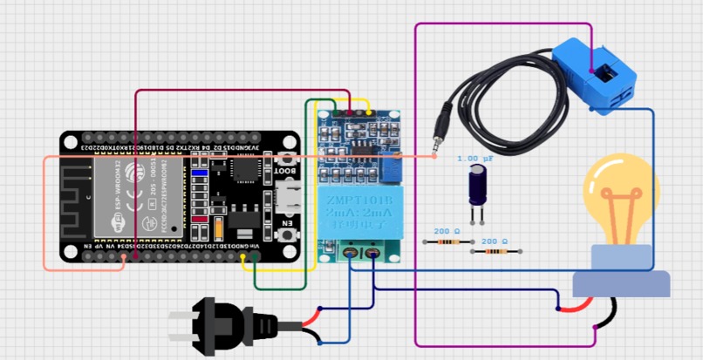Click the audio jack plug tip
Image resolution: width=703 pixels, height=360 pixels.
click(436, 139)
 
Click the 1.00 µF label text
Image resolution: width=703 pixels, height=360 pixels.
click(475, 159)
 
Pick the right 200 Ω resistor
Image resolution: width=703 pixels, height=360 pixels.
click(495, 252)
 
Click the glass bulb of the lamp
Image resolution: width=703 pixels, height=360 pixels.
click(620, 200)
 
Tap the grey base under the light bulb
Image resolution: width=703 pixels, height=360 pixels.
click(620, 284)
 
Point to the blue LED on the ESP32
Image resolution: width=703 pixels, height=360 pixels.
click(199, 173)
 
